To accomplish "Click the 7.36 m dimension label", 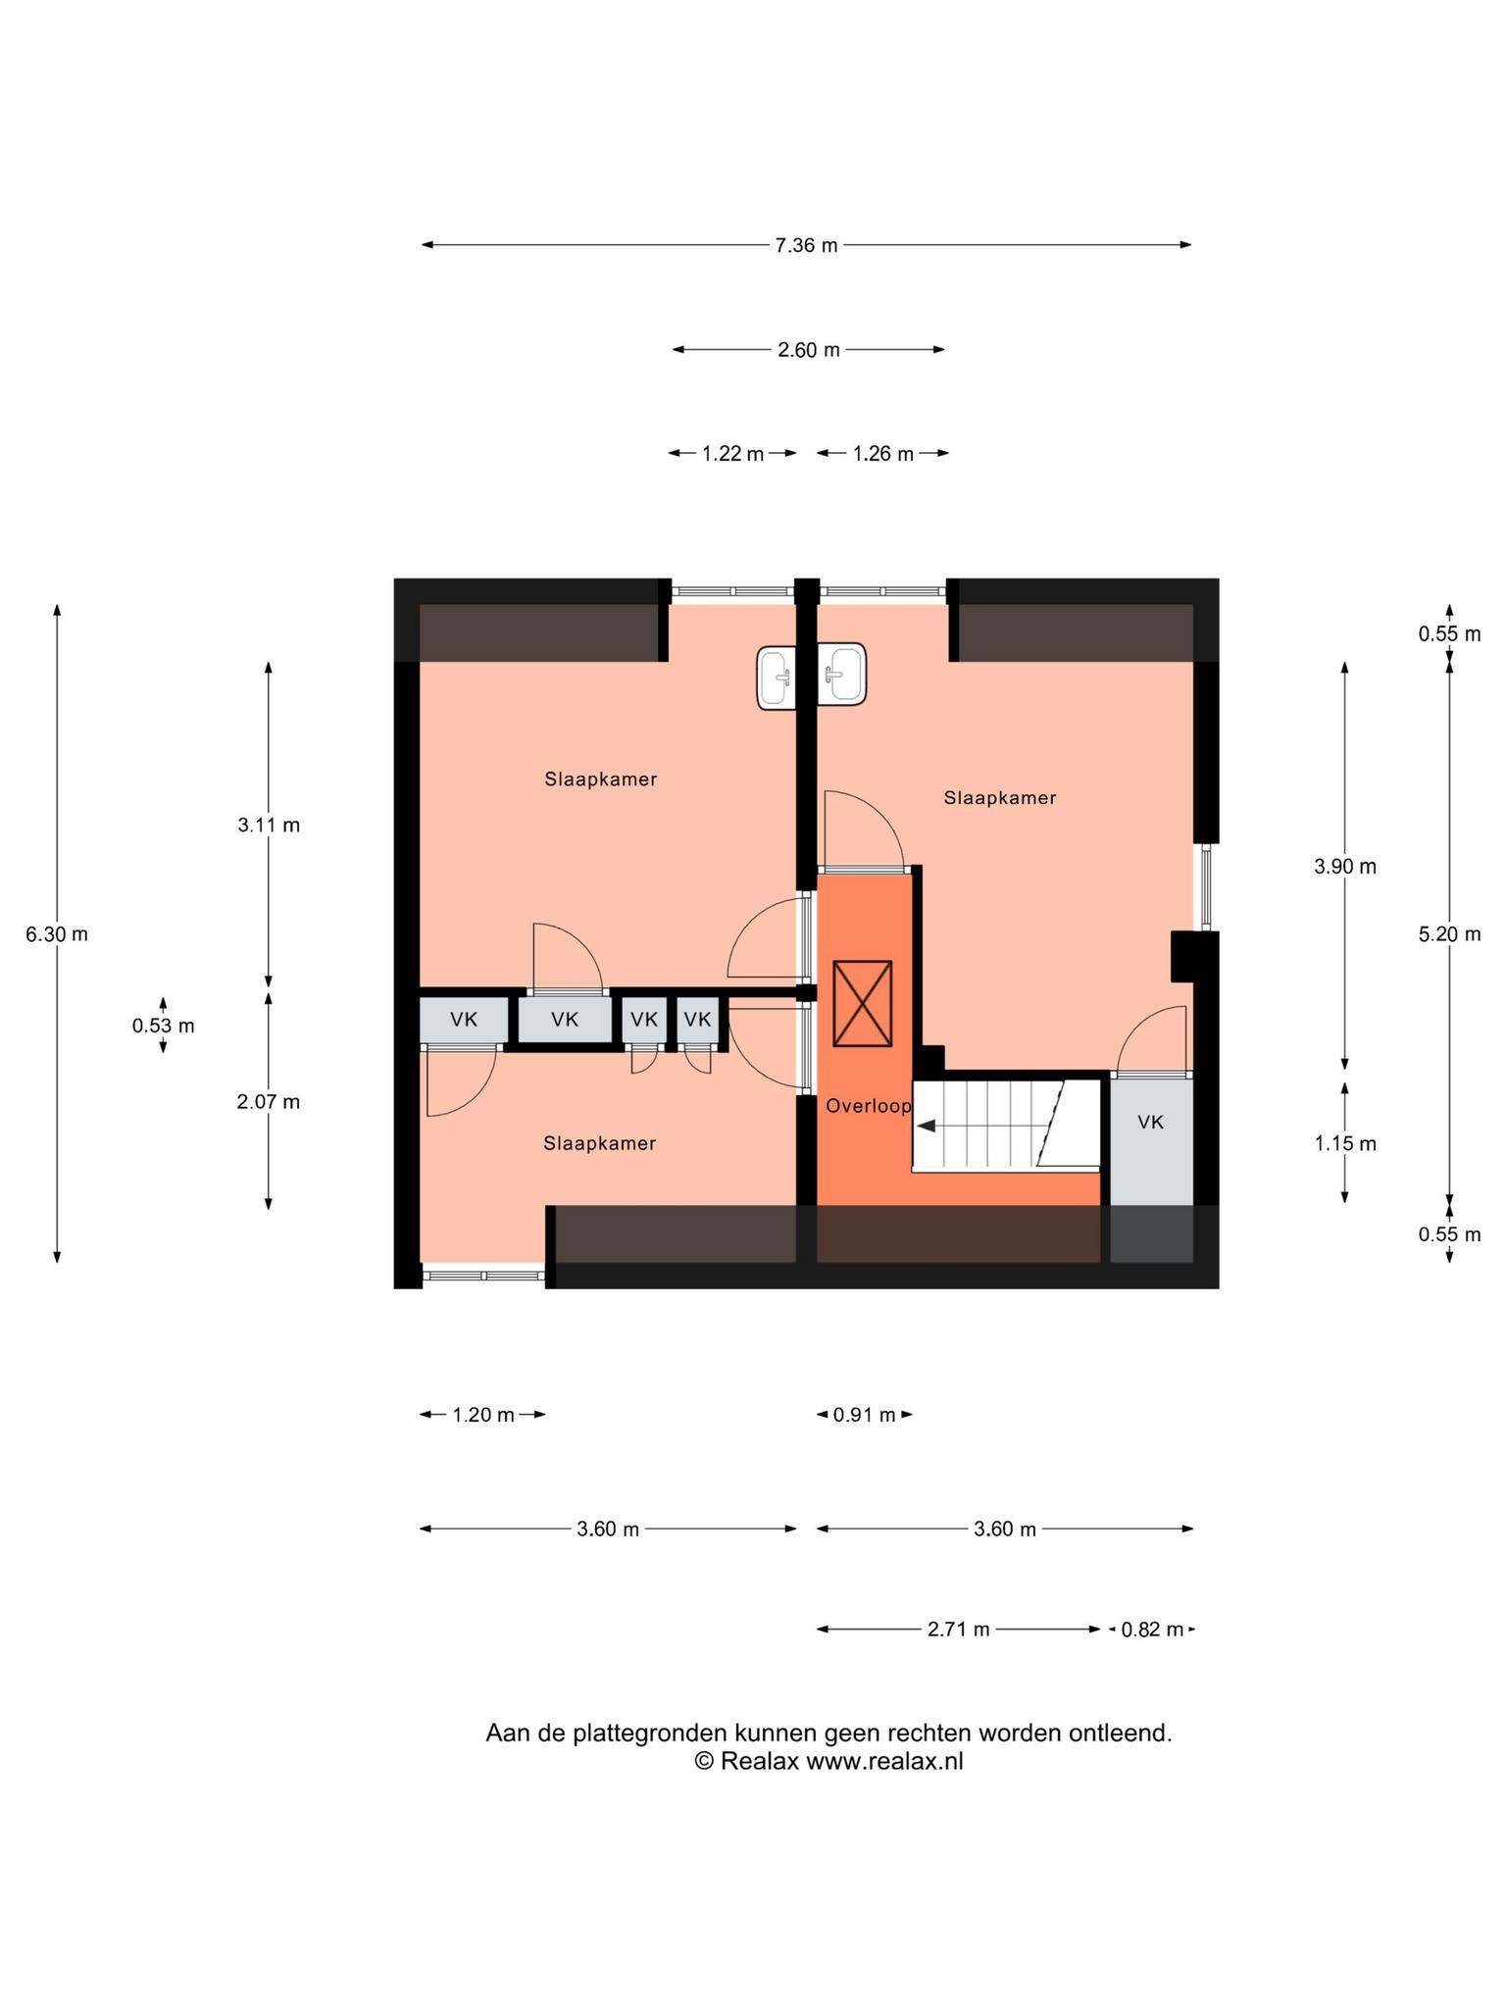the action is [806, 245].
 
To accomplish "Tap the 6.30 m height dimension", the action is [57, 934].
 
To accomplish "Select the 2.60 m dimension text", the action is [809, 350].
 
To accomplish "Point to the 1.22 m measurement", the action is [732, 454].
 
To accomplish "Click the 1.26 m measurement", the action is [882, 454].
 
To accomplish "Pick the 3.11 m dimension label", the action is [269, 826].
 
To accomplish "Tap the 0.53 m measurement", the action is [164, 1027].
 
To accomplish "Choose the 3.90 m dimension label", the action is [1345, 867].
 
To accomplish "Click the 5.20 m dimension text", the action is [1449, 935].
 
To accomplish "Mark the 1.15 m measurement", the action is [1345, 1144].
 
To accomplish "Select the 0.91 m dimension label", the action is [864, 1415].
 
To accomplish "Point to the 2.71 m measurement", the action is [958, 1630].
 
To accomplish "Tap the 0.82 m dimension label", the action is [1152, 1630].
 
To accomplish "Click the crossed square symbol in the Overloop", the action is [862, 1004].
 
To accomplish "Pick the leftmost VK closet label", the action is [464, 1020].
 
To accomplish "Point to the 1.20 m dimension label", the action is [482, 1415].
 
